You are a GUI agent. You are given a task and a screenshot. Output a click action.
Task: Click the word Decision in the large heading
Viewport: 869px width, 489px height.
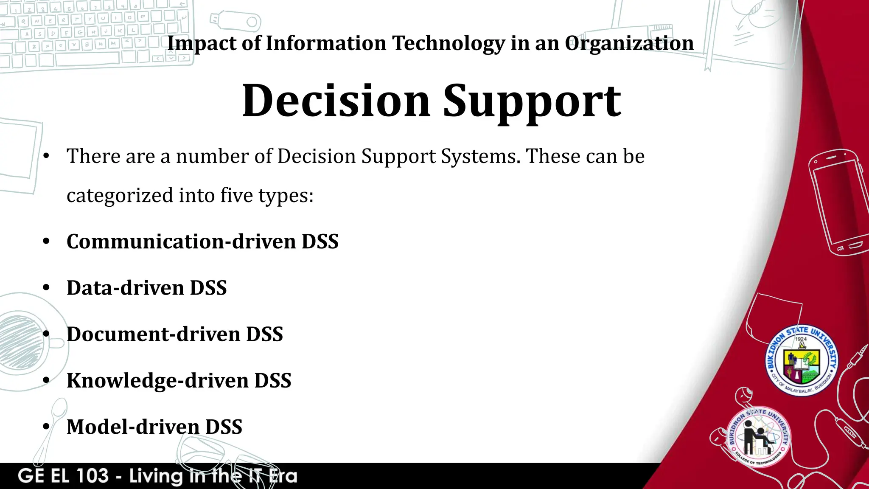336,101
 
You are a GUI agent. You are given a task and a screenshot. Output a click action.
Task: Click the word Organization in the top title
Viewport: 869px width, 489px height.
629,43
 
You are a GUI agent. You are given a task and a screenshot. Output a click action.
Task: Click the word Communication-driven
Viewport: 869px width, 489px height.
181,242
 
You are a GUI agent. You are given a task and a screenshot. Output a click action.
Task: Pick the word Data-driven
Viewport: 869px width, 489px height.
125,288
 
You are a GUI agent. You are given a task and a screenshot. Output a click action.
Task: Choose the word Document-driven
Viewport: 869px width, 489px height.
154,334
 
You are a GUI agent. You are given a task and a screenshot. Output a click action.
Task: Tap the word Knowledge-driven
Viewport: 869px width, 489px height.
157,380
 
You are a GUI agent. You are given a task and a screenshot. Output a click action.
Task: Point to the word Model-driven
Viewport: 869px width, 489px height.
133,427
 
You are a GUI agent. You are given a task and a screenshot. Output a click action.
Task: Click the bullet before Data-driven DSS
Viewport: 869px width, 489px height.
47,288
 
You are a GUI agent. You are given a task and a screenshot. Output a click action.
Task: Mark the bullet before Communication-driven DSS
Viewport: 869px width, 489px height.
47,242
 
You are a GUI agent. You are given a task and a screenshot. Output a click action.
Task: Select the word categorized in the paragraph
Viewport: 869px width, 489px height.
120,196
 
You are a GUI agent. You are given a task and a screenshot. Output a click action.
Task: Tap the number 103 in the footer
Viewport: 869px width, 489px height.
92,476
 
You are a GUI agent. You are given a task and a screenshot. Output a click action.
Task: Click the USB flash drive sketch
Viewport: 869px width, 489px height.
235,20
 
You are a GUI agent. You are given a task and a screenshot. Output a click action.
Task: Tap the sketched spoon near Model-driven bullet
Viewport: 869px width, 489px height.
50,429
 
